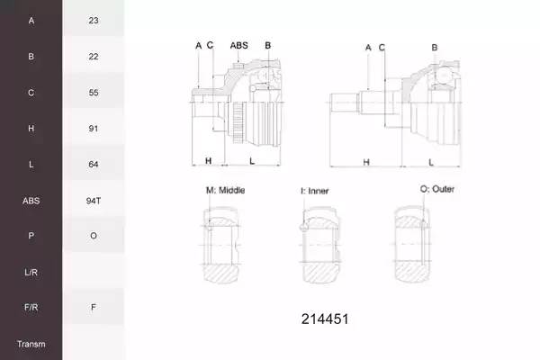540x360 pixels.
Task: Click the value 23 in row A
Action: pos(94,21)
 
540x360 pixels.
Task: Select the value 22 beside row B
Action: pos(94,57)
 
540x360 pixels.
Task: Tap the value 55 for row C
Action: pos(94,93)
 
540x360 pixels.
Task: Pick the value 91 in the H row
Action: pos(94,129)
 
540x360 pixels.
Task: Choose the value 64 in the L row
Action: pos(94,165)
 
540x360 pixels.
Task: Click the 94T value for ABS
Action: pos(94,201)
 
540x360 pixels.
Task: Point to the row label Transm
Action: pos(31,344)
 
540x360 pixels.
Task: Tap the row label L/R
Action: pos(31,273)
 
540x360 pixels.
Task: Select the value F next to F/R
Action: pos(94,307)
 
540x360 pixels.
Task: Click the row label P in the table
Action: pos(31,236)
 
